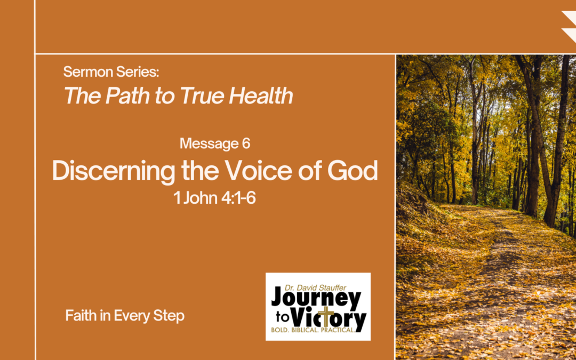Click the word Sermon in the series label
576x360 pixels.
[89, 71]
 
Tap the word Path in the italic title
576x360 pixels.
[123, 96]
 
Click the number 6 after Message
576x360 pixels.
[246, 143]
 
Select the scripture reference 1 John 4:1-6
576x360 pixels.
[215, 199]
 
